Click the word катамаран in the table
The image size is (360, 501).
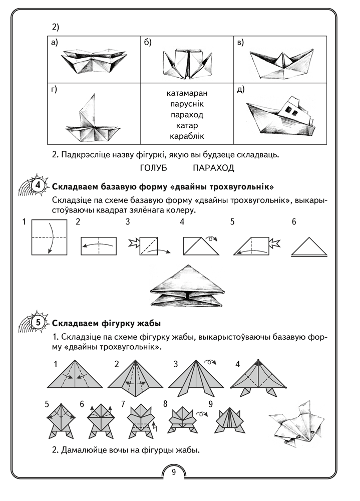[x=187, y=93]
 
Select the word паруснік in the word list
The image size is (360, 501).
[x=187, y=104]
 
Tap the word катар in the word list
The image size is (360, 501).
[x=187, y=125]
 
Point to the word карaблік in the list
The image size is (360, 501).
[x=187, y=136]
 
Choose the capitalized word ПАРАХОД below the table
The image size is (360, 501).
[x=213, y=167]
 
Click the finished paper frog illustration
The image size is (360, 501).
[x=297, y=421]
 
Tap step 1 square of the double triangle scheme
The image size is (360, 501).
[x=50, y=237]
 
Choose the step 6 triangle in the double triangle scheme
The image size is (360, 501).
[x=308, y=247]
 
